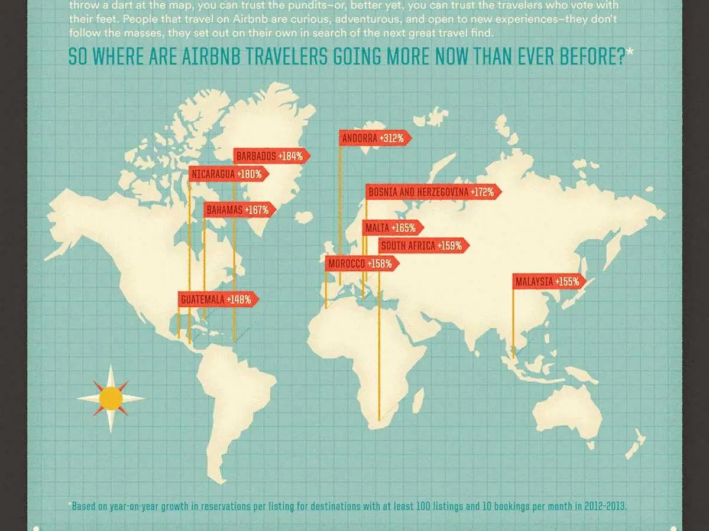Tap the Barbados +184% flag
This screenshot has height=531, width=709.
(270, 157)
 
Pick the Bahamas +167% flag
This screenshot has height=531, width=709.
(238, 210)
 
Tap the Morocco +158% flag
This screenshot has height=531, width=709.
(360, 263)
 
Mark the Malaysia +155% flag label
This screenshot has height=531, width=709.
(548, 282)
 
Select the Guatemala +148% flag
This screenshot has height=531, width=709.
(216, 299)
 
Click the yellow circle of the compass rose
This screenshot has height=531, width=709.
(111, 399)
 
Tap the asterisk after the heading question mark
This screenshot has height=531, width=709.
(630, 53)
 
